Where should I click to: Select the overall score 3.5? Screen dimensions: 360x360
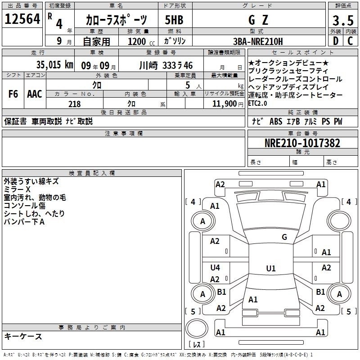point(342,21)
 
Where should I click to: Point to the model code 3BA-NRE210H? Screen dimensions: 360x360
point(258,41)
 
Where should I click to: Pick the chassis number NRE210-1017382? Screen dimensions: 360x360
point(302,144)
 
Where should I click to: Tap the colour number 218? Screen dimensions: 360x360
point(74,104)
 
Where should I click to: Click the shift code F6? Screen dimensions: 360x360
point(13,94)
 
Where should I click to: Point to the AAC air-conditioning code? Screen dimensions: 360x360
point(34,94)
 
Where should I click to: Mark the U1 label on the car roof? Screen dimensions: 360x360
point(270,269)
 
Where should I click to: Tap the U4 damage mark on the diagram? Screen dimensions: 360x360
point(215,268)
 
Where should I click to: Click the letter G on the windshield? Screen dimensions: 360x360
point(284,237)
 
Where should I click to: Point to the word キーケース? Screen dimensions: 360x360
point(23,337)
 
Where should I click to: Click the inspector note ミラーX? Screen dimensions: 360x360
point(17,190)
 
